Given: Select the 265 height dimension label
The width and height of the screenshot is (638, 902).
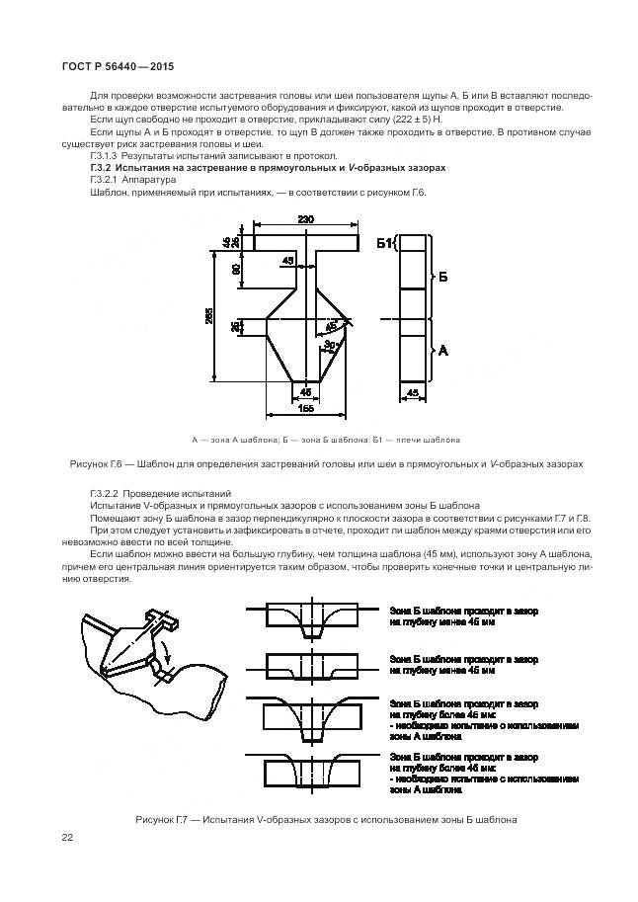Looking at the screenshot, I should (209, 315).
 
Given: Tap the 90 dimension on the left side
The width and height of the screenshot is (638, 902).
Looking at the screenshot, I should (236, 269).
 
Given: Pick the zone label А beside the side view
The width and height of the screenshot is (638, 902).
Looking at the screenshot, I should (443, 350).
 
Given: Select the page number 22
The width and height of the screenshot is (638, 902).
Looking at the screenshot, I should (66, 838).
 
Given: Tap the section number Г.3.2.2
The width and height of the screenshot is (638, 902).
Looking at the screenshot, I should (105, 492).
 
